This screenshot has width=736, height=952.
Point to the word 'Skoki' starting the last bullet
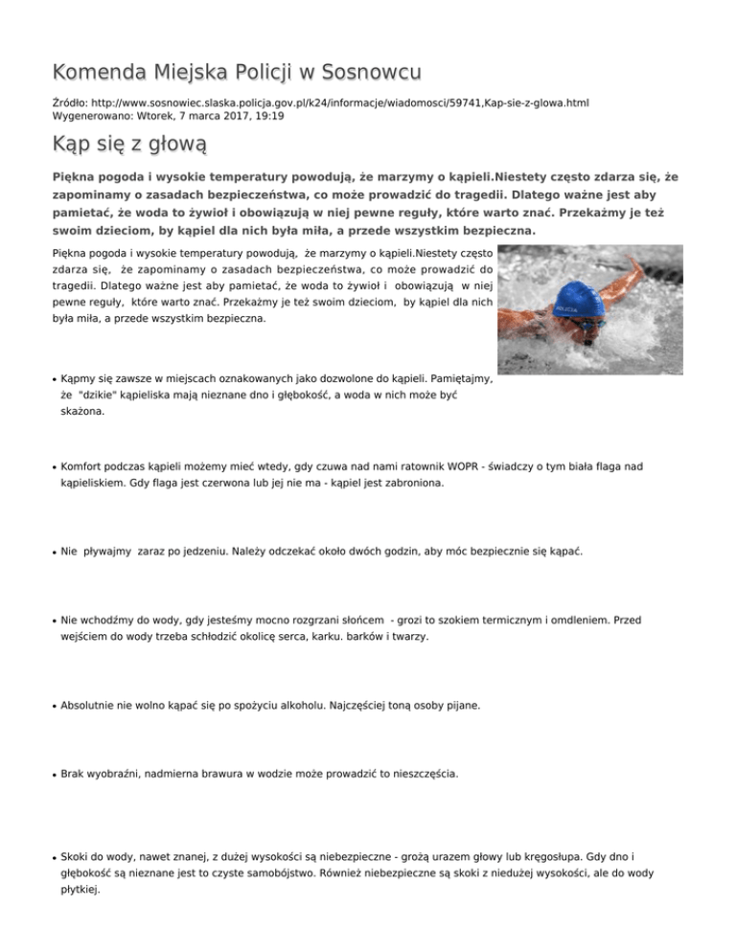click(x=76, y=853)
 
